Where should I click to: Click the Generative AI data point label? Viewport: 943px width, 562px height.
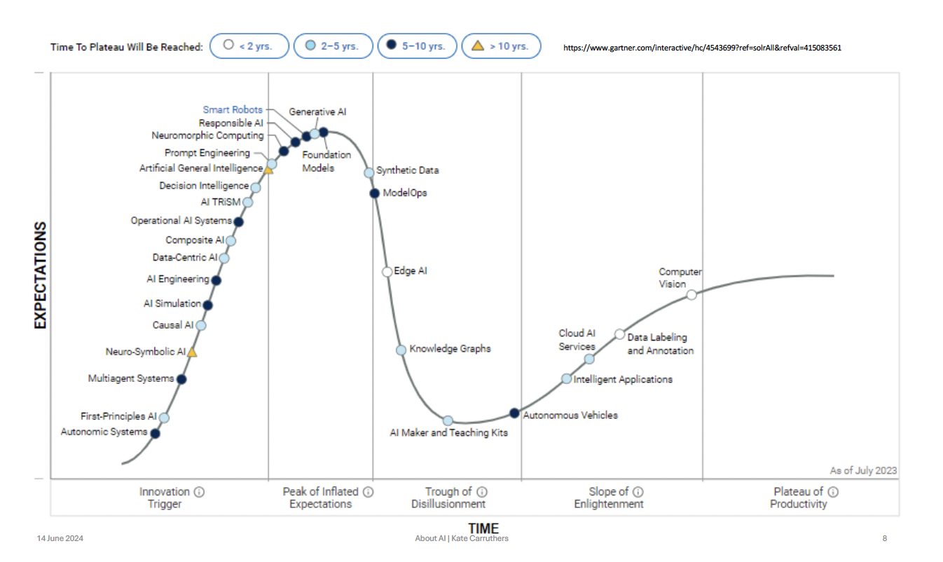pyautogui.click(x=317, y=111)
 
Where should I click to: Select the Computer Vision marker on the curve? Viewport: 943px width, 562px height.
pyautogui.click(x=691, y=294)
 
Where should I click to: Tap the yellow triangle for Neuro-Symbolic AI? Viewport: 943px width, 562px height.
pyautogui.click(x=192, y=352)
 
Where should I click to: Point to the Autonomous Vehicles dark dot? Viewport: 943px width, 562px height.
pyautogui.click(x=514, y=413)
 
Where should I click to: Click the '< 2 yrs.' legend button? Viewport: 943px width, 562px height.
pyautogui.click(x=249, y=47)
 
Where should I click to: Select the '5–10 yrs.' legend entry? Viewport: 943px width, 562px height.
pyautogui.click(x=418, y=47)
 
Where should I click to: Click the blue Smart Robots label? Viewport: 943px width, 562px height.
pyautogui.click(x=233, y=109)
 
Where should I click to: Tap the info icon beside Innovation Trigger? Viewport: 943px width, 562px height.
pyautogui.click(x=199, y=492)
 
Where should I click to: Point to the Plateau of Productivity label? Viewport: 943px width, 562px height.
pyautogui.click(x=798, y=498)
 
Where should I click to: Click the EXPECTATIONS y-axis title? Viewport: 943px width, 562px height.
pyautogui.click(x=40, y=275)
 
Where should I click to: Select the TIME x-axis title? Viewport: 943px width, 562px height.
pyautogui.click(x=483, y=528)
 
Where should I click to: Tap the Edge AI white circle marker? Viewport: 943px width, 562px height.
pyautogui.click(x=387, y=272)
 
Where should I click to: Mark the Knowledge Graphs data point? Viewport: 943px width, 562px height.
pyautogui.click(x=401, y=350)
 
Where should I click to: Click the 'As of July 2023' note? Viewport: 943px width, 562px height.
pyautogui.click(x=862, y=470)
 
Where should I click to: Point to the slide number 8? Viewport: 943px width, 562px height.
pyautogui.click(x=885, y=539)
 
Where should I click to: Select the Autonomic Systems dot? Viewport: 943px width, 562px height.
pyautogui.click(x=156, y=433)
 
